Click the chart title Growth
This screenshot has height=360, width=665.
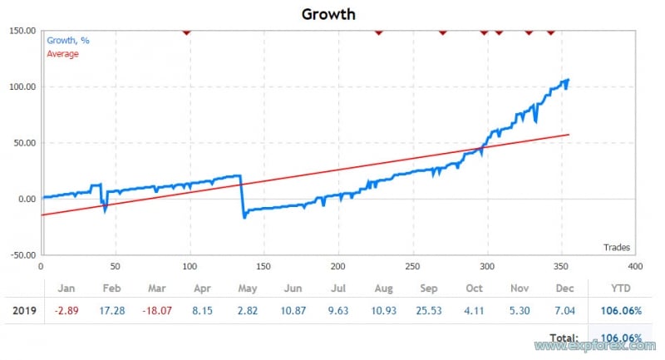coord(328,13)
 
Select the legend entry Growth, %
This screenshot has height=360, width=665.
coord(67,40)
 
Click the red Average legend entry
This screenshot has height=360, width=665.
coord(62,54)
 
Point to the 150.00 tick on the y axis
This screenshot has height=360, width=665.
coord(21,32)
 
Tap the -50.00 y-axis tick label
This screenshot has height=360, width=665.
coord(21,254)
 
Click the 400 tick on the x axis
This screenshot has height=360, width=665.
coord(634,266)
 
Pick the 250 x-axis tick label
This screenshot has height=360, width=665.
coord(411,266)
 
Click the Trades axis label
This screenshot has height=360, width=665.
coord(616,247)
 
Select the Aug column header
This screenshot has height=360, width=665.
coord(384,288)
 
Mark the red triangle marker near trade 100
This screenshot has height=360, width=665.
coord(187,32)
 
